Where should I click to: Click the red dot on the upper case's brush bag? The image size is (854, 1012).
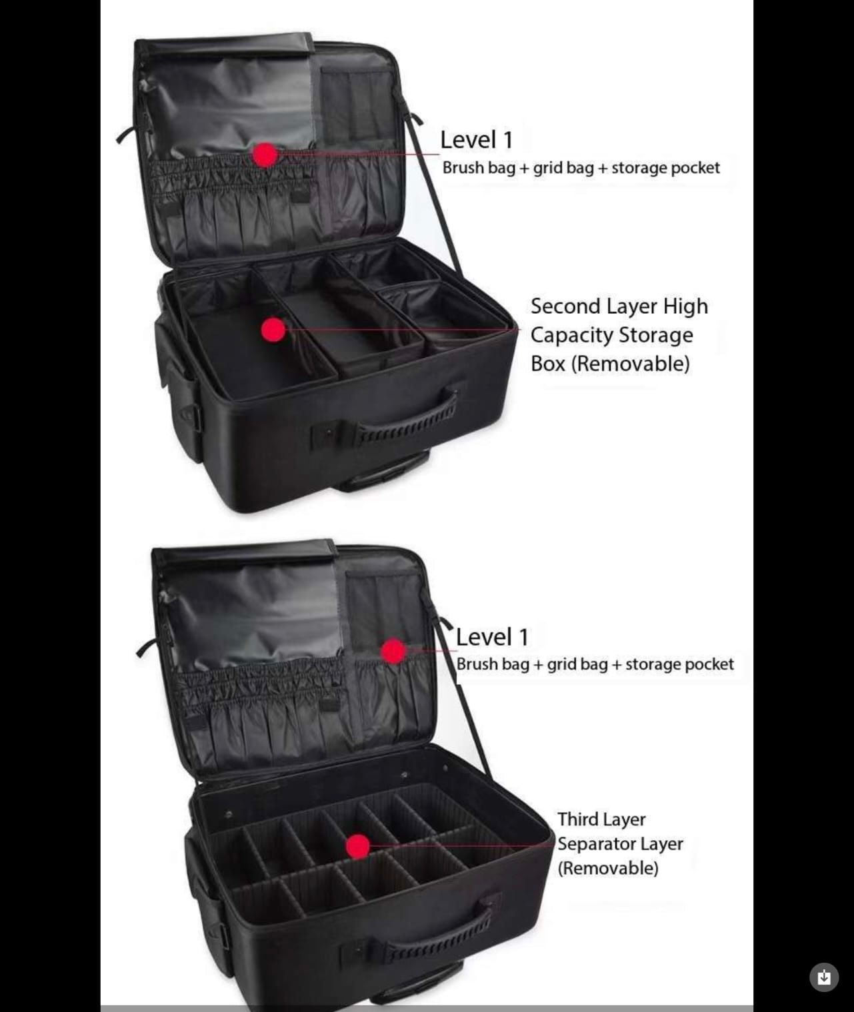click(265, 155)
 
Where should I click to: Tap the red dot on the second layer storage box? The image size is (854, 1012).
click(273, 329)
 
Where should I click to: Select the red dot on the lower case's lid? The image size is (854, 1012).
click(393, 651)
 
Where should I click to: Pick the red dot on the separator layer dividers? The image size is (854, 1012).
click(358, 846)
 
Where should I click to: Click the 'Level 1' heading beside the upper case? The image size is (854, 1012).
click(476, 140)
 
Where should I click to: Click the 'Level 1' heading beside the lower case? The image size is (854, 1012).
click(491, 637)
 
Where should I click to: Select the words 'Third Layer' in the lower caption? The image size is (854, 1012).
click(601, 819)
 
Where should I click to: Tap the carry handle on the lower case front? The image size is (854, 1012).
click(437, 933)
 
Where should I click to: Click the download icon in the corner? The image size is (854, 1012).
click(824, 977)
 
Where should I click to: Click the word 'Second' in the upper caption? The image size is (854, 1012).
click(565, 306)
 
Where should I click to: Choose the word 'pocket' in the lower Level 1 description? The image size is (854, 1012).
click(713, 664)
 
